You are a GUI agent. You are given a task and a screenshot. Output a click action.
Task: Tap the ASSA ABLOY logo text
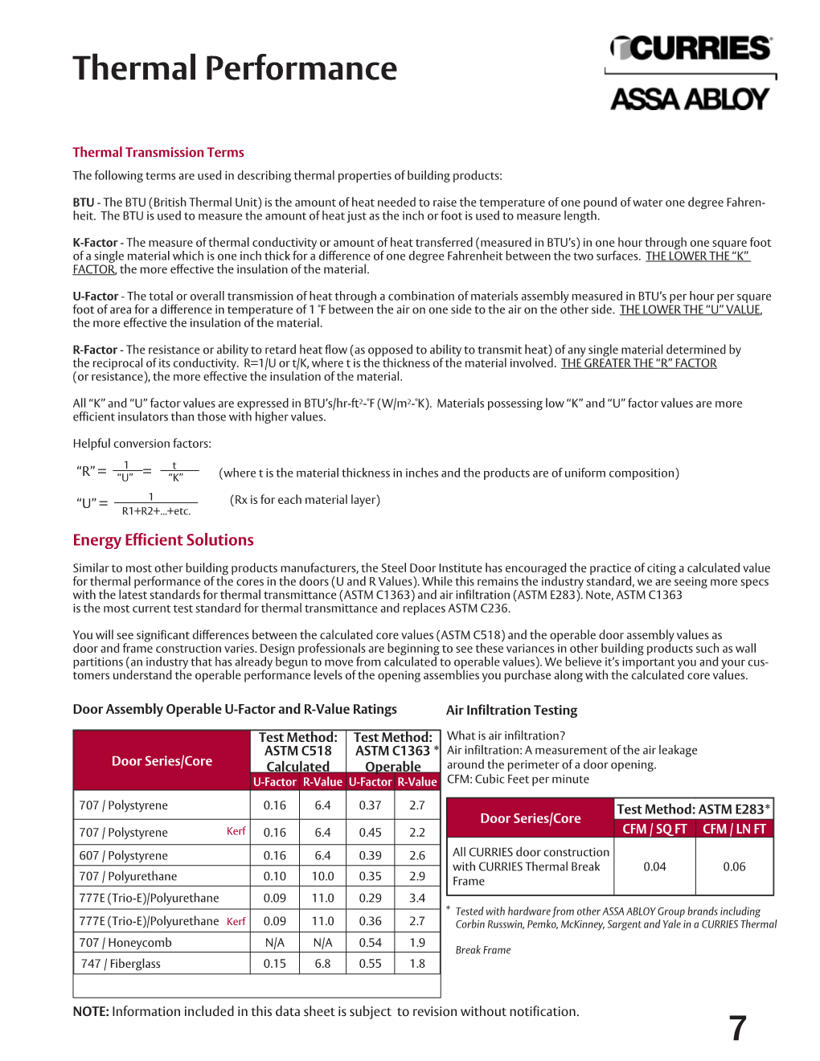pos(690,99)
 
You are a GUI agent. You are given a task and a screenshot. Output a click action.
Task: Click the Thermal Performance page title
pos(235,68)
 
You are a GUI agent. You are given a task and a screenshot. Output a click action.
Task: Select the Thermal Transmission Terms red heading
pos(158,153)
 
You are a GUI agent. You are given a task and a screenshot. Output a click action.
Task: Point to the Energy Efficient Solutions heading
pos(163,540)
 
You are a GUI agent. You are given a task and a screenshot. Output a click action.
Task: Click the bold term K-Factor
pos(95,243)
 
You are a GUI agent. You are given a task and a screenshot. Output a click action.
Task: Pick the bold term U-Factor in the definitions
pos(95,297)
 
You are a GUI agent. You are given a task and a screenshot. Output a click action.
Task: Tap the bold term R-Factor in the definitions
pos(95,350)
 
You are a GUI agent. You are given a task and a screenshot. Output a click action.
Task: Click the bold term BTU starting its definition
pos(84,203)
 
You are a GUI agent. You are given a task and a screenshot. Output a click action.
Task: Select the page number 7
pos(738,1029)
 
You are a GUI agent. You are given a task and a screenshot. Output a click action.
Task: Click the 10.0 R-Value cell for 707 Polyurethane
pos(322,876)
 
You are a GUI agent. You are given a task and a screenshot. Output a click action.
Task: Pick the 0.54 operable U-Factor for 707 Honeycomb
pos(371,943)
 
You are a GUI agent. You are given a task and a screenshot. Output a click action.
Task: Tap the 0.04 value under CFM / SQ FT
pos(654,866)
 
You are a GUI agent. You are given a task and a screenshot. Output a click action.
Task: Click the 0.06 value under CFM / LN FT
pos(734,866)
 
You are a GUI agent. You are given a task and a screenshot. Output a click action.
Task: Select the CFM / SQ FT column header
pos(654,829)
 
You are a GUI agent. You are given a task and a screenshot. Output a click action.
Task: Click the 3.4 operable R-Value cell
pos(417,898)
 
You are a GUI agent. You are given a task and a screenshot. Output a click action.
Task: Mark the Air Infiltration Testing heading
pos(511,711)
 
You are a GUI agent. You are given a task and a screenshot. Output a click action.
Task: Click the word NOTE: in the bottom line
pos(91,1012)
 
